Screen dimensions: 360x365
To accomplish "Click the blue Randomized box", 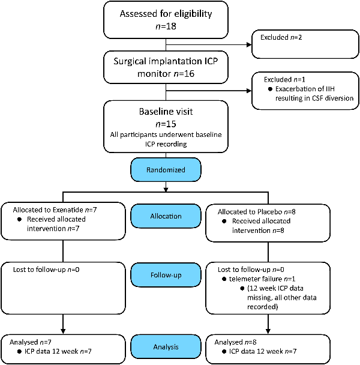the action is [166, 170].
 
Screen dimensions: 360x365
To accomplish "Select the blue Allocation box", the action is [166, 216].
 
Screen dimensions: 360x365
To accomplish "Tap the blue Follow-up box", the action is [166, 275].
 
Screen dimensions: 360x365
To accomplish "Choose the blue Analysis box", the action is [166, 347].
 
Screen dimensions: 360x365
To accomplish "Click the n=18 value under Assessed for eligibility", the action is [166, 26].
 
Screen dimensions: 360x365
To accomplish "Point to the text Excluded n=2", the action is [281, 37].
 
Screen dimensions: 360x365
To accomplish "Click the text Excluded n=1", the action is [284, 80].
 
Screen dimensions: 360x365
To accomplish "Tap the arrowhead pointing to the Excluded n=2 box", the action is [249, 44].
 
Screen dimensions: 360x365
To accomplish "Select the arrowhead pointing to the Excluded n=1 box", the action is [249, 91].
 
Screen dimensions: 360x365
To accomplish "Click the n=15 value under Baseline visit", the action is [166, 124].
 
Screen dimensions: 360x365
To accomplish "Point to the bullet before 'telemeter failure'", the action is [224, 279].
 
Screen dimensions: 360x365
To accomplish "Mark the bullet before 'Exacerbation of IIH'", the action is [270, 89].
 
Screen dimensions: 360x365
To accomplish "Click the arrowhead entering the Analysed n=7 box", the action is [63, 331].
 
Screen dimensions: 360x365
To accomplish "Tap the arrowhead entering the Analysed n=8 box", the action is [268, 331].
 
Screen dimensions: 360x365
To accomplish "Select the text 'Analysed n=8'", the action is [235, 342].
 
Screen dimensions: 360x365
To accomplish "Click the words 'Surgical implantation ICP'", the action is [166, 61].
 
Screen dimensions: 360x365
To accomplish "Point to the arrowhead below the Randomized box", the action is [166, 190].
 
